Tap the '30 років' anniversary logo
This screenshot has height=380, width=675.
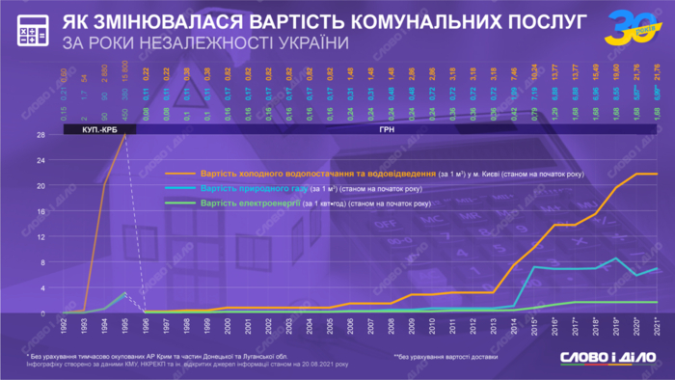(628, 28)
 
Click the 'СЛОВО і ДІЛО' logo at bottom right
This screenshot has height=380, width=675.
(607, 359)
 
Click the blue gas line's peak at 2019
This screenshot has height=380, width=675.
(618, 258)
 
